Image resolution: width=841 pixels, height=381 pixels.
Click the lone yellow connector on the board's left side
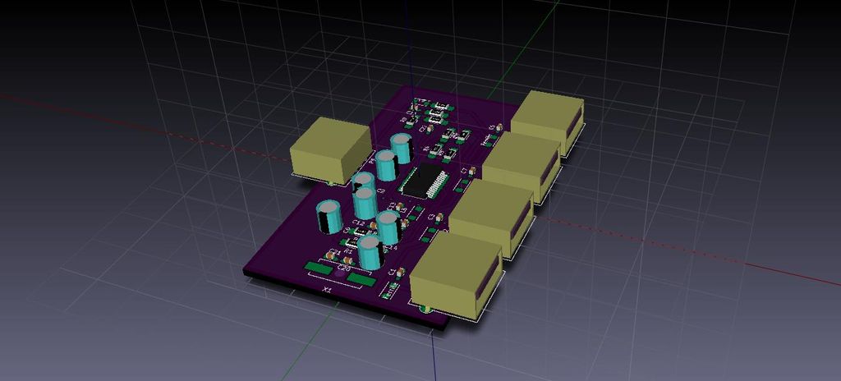coord(329,149)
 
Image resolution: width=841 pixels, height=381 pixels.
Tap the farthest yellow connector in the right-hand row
coord(547,120)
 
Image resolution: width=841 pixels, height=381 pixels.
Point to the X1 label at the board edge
coord(327,290)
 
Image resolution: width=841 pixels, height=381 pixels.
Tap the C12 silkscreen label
coord(358,223)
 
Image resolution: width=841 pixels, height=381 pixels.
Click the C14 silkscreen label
coord(391,247)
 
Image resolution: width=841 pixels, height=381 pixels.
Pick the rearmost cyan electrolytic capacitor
coord(401,149)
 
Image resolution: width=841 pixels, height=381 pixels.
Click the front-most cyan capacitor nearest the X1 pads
coord(369,251)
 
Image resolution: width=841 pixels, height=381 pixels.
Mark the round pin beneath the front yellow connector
coord(425,309)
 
